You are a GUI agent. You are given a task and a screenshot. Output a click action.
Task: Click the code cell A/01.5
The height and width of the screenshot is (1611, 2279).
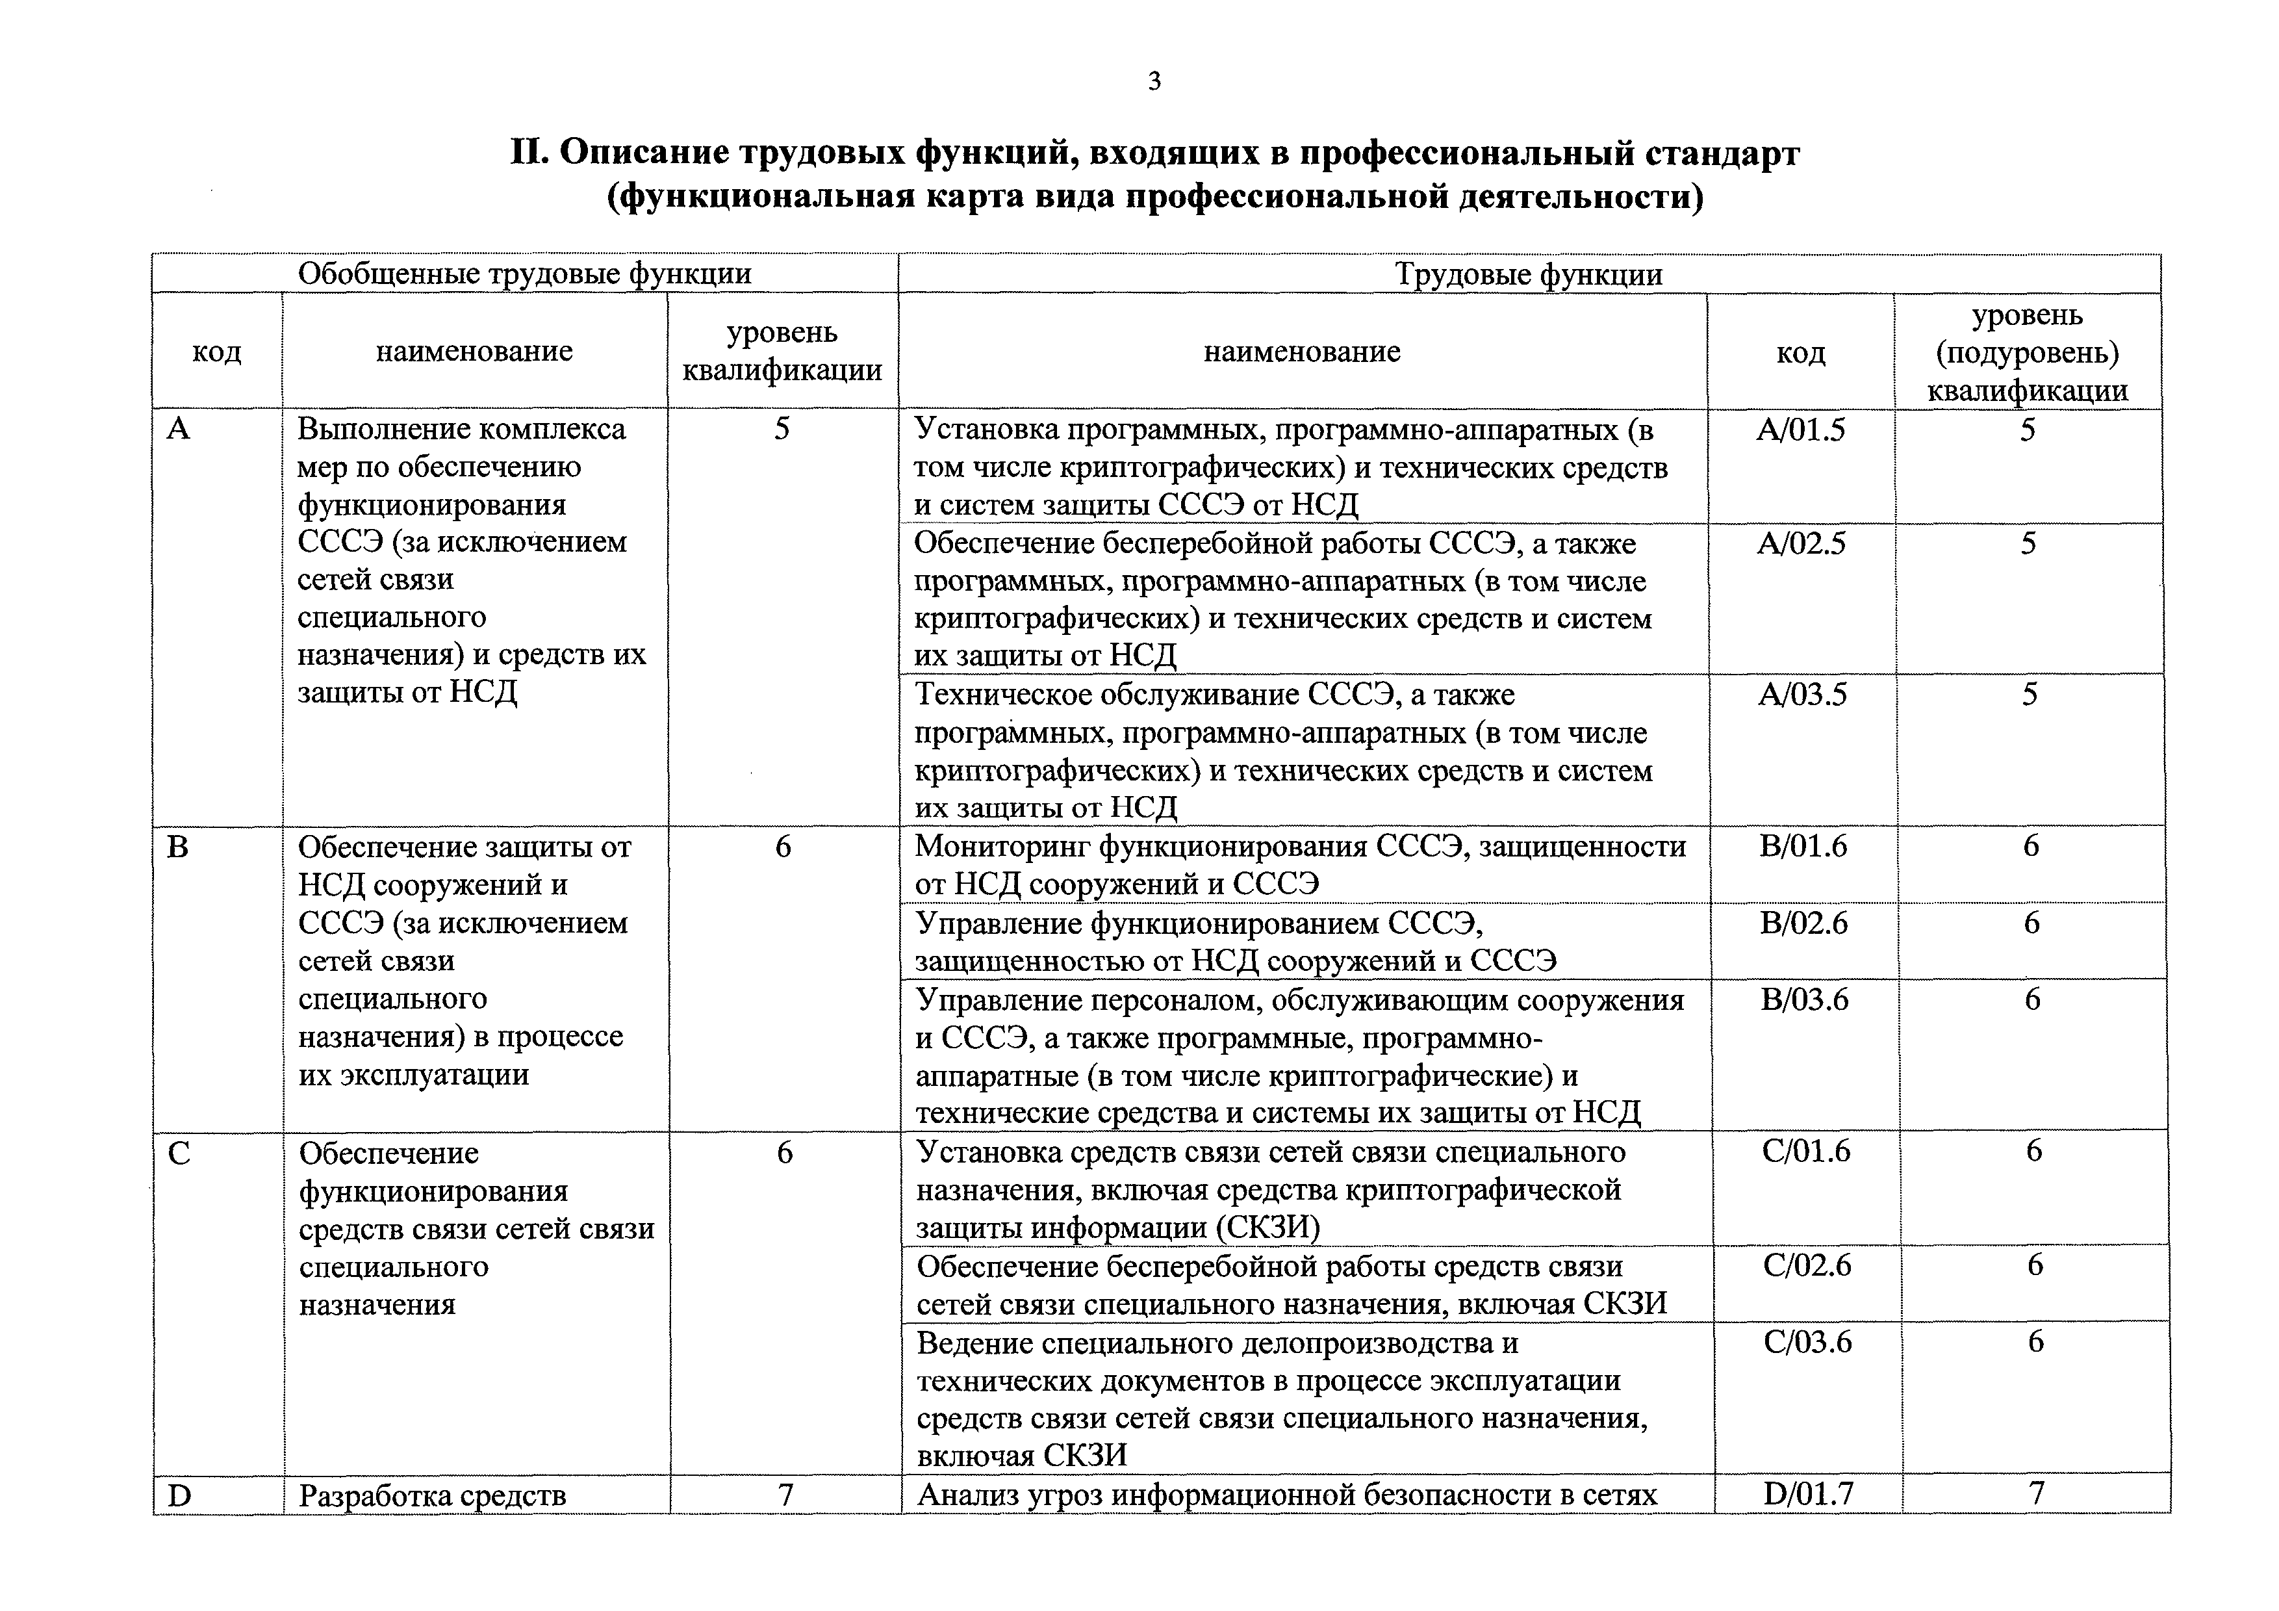(x=1801, y=430)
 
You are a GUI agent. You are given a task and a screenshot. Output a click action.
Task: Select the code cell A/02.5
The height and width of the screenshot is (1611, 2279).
(x=1801, y=544)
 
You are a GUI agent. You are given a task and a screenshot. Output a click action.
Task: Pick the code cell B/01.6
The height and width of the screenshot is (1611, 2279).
(x=1803, y=845)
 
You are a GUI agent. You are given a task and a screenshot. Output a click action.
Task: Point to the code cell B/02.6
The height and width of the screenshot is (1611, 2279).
(x=1803, y=923)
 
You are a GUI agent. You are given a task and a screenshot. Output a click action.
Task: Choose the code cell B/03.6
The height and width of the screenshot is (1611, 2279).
(x=1805, y=999)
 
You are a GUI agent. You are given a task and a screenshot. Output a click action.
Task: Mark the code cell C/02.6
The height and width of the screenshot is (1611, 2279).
(x=1807, y=1265)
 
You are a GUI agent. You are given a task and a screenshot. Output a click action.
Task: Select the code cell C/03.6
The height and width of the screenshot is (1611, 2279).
(x=1807, y=1342)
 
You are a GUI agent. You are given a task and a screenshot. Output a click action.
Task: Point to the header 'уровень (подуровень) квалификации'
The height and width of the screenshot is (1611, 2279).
(x=2027, y=352)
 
